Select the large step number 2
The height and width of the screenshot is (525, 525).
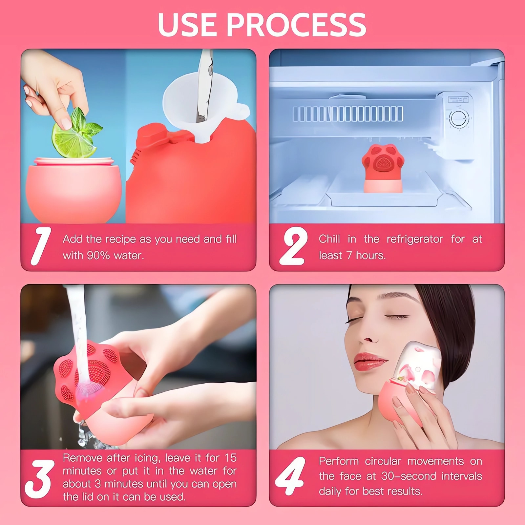(293, 246)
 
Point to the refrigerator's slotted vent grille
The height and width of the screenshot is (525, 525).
(348, 114)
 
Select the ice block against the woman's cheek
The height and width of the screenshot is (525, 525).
(417, 364)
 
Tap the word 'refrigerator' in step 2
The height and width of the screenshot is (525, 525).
(415, 239)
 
